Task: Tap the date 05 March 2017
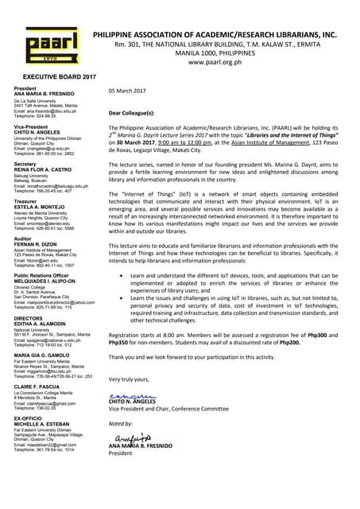tap(127, 91)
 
